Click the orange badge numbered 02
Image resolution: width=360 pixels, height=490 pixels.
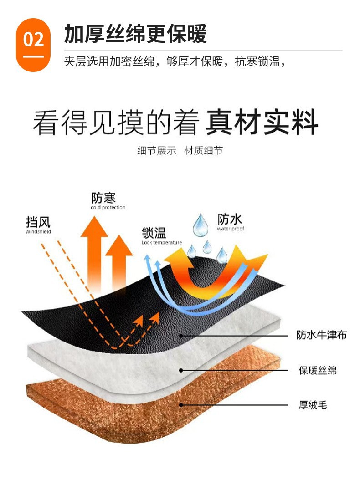(x=33, y=44)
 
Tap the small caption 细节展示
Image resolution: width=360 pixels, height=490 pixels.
(x=156, y=151)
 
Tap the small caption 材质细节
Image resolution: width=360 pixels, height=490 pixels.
(x=203, y=151)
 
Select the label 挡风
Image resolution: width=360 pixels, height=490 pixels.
(x=38, y=222)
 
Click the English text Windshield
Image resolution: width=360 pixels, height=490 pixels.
(x=38, y=232)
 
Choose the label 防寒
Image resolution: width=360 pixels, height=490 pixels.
(x=103, y=198)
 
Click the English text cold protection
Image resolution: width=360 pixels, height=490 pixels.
(x=108, y=208)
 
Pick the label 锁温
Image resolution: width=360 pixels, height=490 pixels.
(x=154, y=233)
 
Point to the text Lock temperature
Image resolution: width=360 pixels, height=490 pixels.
(x=161, y=243)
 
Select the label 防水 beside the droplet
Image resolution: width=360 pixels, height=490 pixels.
(x=230, y=219)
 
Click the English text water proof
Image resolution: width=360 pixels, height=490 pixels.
(x=231, y=229)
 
